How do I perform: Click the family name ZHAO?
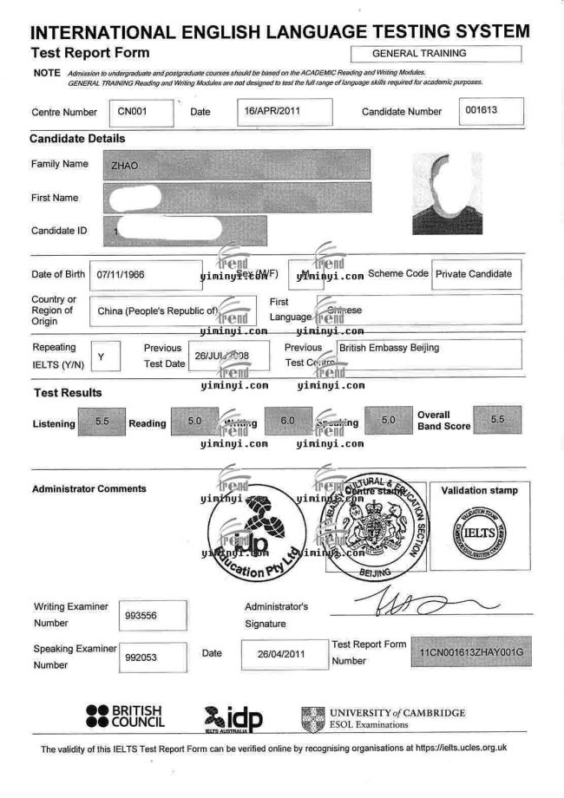[x=126, y=165]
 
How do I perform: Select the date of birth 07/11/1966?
[x=121, y=274]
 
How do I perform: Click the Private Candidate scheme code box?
[x=474, y=274]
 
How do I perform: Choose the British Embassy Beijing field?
[x=389, y=348]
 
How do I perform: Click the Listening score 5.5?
[x=102, y=422]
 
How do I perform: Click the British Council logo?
[x=125, y=716]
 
